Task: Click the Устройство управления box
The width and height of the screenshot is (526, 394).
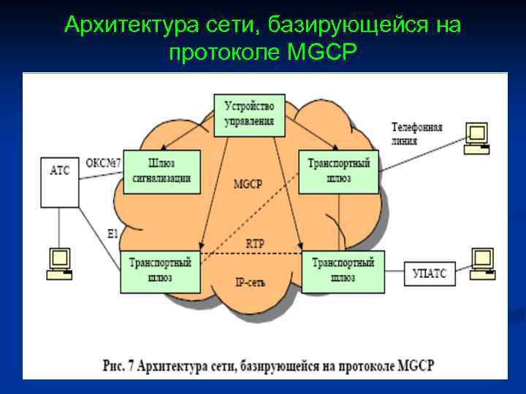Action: [248, 115]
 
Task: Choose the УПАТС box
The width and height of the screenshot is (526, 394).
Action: [428, 275]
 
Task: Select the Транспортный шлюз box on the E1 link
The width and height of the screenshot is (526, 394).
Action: [161, 269]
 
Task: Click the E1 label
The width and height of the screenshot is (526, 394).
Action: [112, 234]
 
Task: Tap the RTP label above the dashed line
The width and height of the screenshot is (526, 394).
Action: [256, 243]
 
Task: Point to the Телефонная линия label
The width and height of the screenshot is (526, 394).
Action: [416, 134]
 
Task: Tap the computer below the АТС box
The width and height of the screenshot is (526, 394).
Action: [58, 263]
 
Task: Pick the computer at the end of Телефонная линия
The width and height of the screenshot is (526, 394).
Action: [477, 137]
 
